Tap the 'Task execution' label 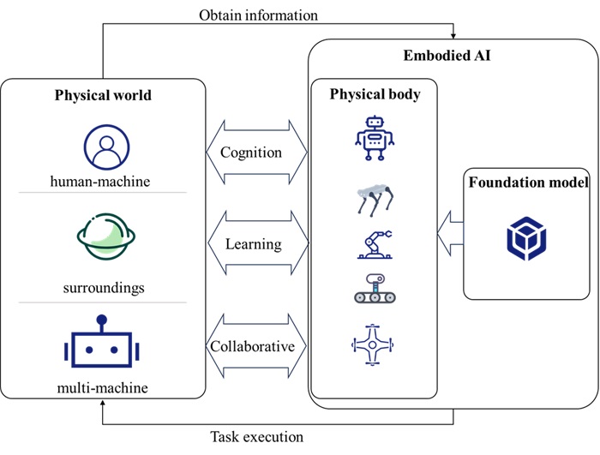(x=257, y=437)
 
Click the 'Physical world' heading (x=103, y=94)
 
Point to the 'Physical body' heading (x=375, y=94)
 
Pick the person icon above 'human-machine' (x=105, y=147)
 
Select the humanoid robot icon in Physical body (x=375, y=137)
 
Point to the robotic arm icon (x=375, y=243)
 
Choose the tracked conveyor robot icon (x=375, y=289)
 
